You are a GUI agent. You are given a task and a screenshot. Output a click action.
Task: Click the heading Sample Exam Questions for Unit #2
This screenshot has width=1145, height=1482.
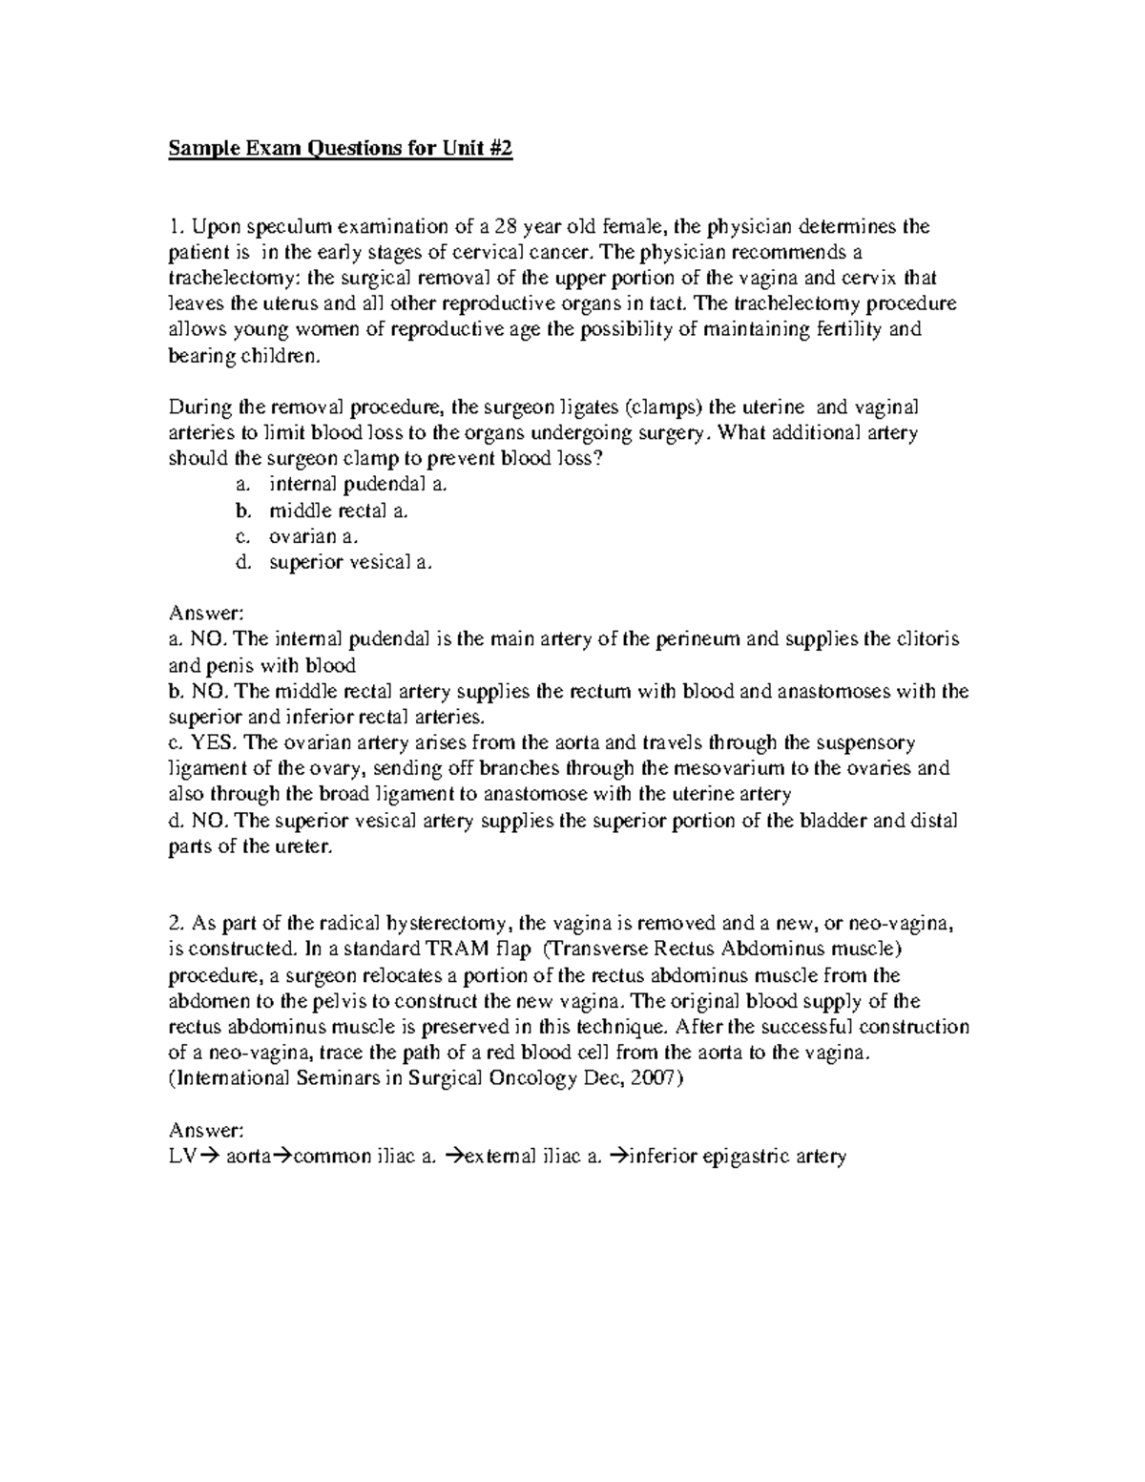[x=341, y=150]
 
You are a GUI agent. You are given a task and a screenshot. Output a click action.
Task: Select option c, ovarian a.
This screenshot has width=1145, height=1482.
[x=314, y=536]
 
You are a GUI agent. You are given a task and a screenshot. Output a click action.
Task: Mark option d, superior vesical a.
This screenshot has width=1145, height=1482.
[x=350, y=562]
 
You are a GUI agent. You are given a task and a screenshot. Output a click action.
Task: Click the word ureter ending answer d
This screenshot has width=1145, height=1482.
[x=304, y=845]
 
